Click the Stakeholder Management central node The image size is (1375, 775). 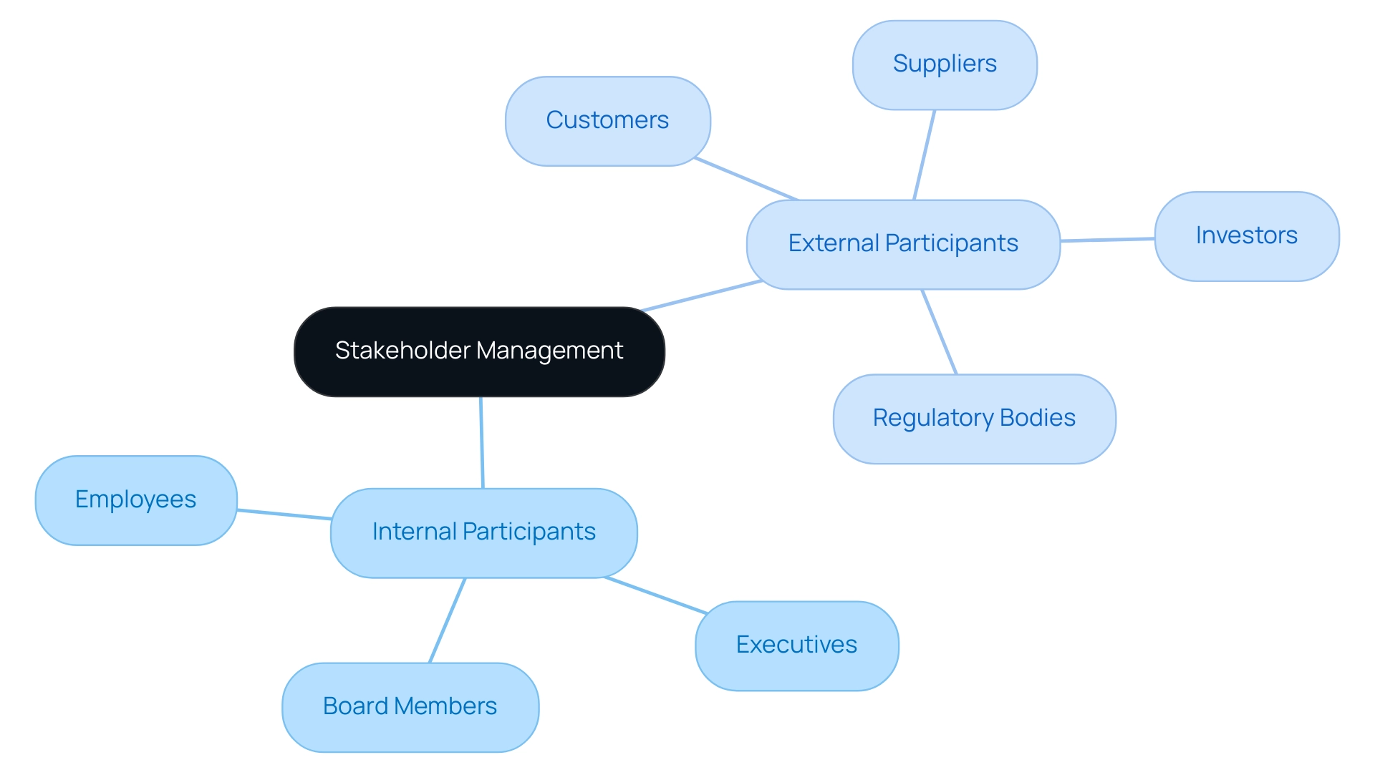[479, 351]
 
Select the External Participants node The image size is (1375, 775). [902, 244]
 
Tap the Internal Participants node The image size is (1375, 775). [483, 532]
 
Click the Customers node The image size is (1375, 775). [607, 121]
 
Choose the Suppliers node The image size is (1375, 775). [944, 64]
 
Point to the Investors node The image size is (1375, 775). [1246, 236]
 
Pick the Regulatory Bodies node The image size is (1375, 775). [974, 419]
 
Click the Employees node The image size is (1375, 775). [135, 499]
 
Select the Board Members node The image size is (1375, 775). [410, 707]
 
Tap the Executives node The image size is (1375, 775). [796, 645]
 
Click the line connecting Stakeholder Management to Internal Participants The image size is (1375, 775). [482, 442]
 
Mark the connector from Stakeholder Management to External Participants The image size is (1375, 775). [702, 296]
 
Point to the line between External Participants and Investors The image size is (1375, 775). [1107, 240]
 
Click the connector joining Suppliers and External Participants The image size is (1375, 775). [925, 155]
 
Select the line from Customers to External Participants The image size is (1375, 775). [746, 179]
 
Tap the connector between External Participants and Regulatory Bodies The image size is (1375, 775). [940, 331]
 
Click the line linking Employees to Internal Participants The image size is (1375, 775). [284, 514]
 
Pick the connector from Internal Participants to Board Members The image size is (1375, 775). [447, 620]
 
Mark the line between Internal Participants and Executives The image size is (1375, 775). [656, 595]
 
